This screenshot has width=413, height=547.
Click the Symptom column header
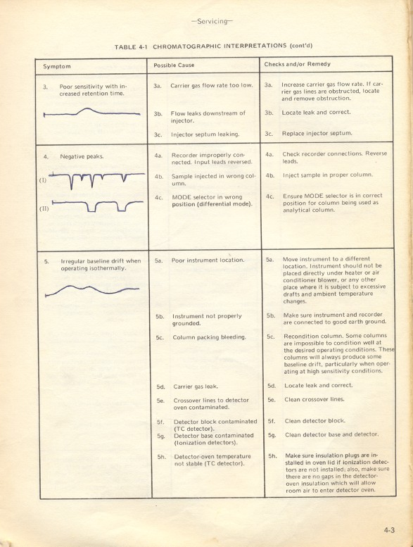tap(57, 66)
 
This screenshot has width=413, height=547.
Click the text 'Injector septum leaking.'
tap(205, 134)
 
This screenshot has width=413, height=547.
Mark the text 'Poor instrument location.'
tap(208, 260)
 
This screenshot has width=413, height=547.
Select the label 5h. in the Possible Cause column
tap(161, 457)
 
